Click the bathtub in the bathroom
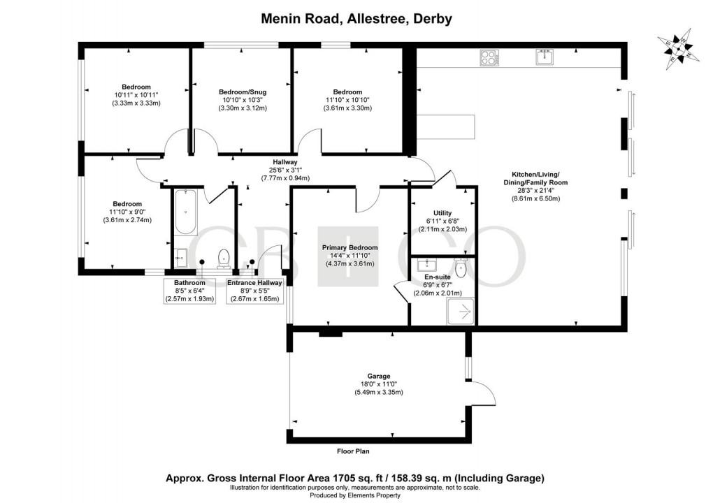point(186,212)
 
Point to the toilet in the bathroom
point(224,258)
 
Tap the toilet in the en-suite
point(461,268)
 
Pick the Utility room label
point(442,213)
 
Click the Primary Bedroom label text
point(350,247)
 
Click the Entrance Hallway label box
point(254,291)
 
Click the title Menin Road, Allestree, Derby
point(356,18)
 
